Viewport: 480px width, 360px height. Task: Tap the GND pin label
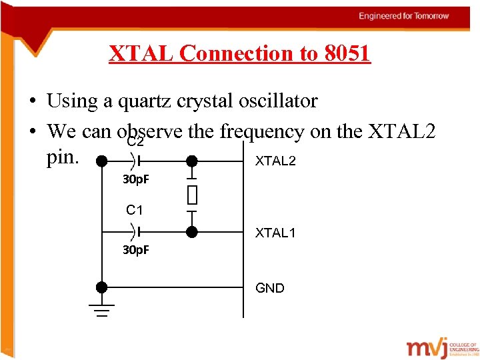(270, 288)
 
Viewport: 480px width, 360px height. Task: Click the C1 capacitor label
(135, 211)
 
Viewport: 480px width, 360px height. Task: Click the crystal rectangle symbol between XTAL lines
(192, 195)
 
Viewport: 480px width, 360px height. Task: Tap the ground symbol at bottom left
(101, 311)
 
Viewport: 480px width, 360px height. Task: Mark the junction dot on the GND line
(101, 287)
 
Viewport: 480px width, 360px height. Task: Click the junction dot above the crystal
(192, 161)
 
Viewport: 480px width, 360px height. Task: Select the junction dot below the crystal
(192, 232)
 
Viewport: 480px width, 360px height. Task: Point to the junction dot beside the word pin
(101, 161)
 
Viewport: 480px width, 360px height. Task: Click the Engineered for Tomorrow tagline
(403, 16)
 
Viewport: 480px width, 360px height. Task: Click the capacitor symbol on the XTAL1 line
(135, 232)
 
